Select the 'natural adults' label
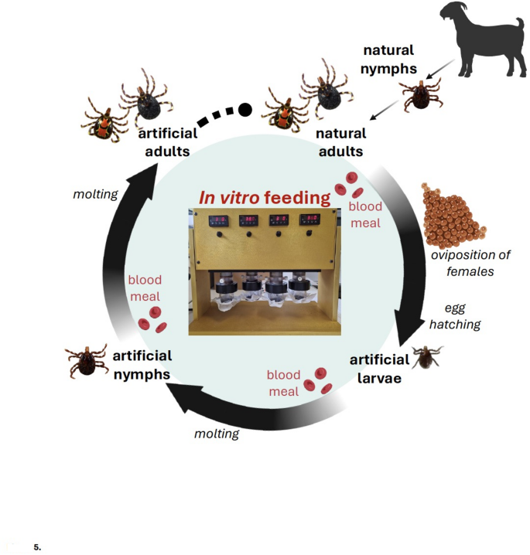pos(340,142)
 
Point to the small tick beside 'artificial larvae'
pos(426,357)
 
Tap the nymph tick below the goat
pos(419,96)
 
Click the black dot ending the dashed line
pos(244,110)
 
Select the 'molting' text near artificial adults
pos(94,194)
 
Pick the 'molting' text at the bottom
pos(216,434)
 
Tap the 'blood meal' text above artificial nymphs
pos(145,288)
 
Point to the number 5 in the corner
pos(37,546)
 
